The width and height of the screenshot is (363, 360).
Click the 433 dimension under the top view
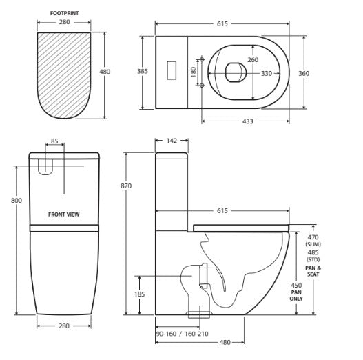coord(247,121)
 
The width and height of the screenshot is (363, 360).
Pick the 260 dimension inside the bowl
coord(253,59)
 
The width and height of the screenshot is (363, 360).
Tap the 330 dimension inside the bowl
coord(266,73)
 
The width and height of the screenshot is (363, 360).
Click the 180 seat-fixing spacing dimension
coord(194,71)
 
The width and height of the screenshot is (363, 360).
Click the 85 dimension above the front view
coord(54,143)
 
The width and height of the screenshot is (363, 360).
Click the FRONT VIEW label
coord(63,214)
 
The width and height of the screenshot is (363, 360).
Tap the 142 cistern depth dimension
coord(172,141)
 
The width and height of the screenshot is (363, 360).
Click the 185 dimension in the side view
coord(139,294)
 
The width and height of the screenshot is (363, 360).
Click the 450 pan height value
coord(296,285)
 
